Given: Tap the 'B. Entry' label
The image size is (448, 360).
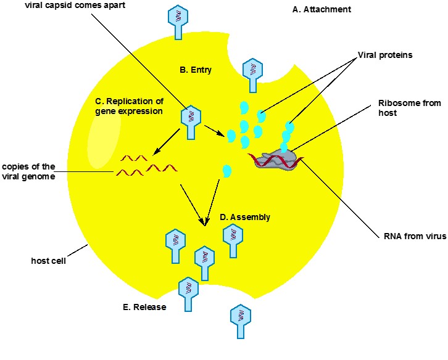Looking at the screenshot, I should click(x=196, y=70).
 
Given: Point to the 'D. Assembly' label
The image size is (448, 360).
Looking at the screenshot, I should click(x=245, y=217).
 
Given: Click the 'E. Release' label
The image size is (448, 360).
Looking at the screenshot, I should click(x=144, y=307).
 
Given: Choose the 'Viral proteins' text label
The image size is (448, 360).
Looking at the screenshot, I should click(x=384, y=55).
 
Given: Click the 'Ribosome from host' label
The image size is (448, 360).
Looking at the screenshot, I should click(x=409, y=108).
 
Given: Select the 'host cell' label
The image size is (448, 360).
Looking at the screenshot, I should click(x=48, y=260).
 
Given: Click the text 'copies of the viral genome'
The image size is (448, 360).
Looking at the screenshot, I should click(x=29, y=171).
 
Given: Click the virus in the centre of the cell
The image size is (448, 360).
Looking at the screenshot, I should click(x=190, y=120).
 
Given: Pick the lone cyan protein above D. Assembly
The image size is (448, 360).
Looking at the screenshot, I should click(x=226, y=171).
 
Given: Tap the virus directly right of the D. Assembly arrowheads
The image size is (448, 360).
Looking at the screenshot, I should click(x=233, y=239).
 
